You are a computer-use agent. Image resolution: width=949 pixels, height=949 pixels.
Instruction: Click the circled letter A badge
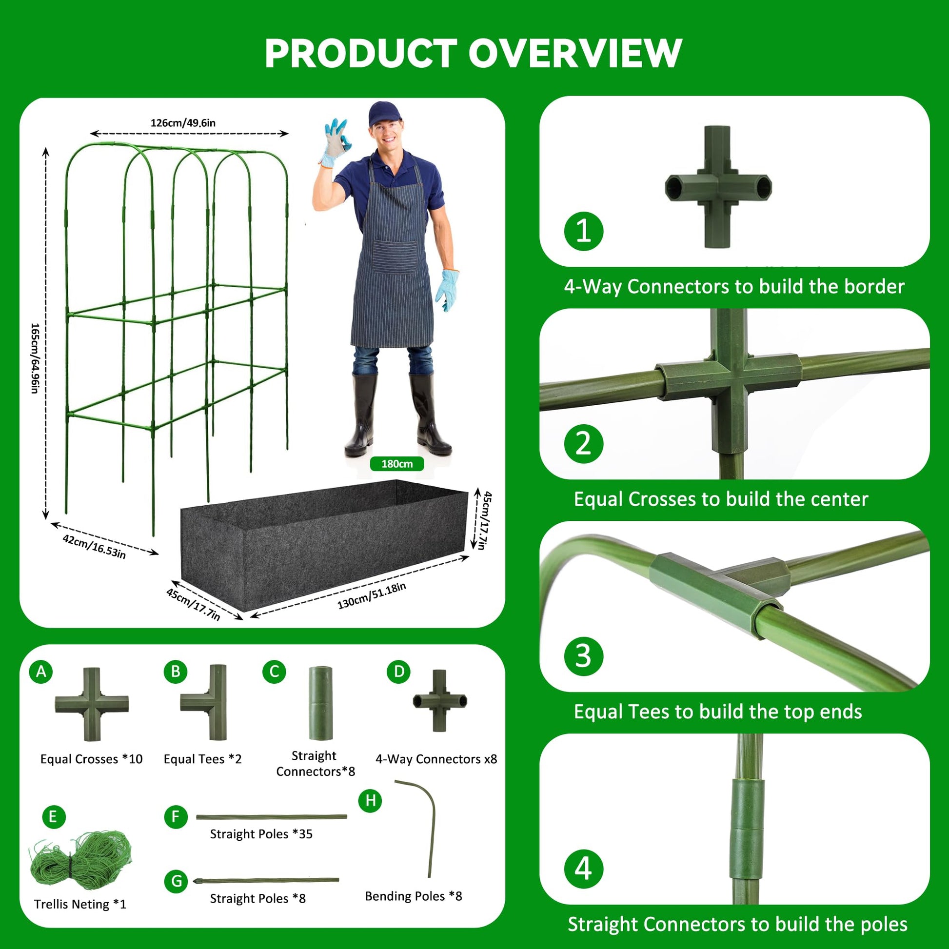(41, 671)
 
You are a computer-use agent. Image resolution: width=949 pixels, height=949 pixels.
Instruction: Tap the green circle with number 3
(583, 656)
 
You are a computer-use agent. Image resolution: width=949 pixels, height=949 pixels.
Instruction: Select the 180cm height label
(397, 464)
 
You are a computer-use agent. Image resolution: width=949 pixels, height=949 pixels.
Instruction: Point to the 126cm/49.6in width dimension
(183, 123)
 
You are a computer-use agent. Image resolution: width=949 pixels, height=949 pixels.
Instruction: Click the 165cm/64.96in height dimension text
(35, 358)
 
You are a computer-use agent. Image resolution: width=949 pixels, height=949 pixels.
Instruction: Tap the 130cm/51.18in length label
(371, 596)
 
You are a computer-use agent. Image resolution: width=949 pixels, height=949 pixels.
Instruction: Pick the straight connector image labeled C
(320, 703)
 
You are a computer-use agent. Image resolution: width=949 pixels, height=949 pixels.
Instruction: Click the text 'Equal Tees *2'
(202, 759)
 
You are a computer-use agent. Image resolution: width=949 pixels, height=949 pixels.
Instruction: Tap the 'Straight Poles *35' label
(261, 833)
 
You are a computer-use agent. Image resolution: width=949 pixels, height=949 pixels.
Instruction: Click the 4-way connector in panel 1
(718, 187)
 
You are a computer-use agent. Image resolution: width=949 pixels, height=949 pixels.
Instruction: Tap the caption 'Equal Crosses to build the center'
(721, 499)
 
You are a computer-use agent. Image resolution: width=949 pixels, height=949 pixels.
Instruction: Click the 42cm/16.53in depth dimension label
(94, 546)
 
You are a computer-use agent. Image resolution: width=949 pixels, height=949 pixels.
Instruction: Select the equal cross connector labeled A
(91, 704)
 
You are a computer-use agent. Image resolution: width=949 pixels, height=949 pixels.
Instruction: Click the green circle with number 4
(583, 869)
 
